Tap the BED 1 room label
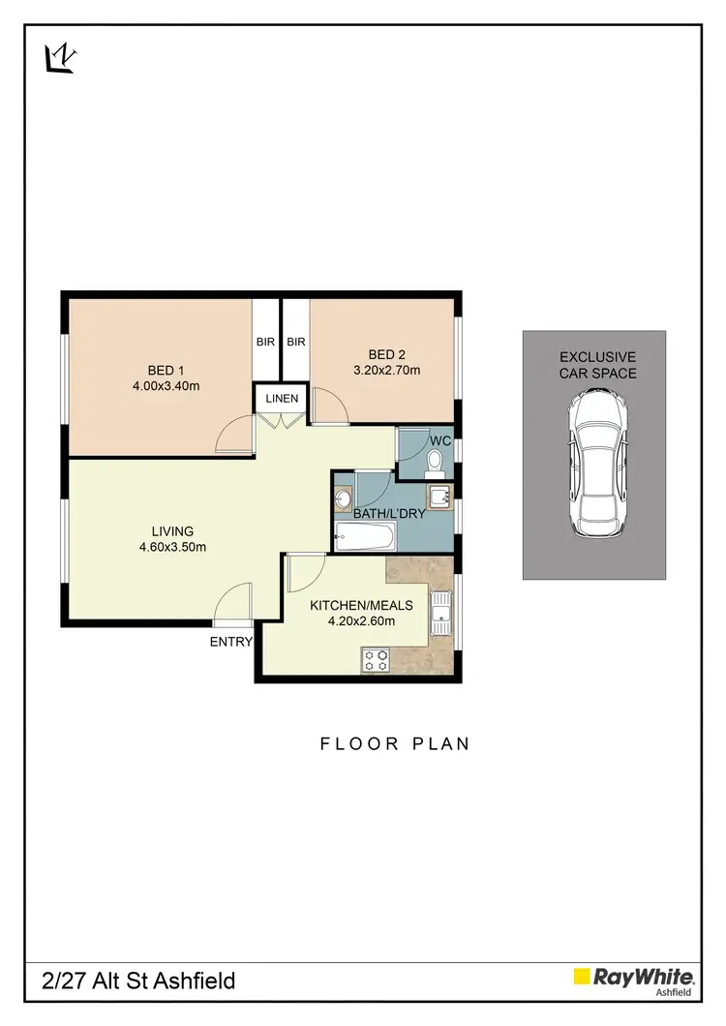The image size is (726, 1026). tap(161, 371)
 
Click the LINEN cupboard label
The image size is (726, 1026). tap(282, 399)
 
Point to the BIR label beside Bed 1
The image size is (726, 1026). tap(266, 342)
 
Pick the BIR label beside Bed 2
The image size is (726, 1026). tap(296, 342)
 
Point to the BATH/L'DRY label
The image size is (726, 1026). tap(389, 514)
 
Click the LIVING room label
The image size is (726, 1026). tap(172, 530)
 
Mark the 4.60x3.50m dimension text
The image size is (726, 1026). tap(172, 547)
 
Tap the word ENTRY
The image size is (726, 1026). tap(230, 642)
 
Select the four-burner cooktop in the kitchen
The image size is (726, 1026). tap(376, 660)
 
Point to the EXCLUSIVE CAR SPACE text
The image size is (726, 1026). tap(597, 365)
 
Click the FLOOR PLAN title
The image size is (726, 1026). tap(395, 743)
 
